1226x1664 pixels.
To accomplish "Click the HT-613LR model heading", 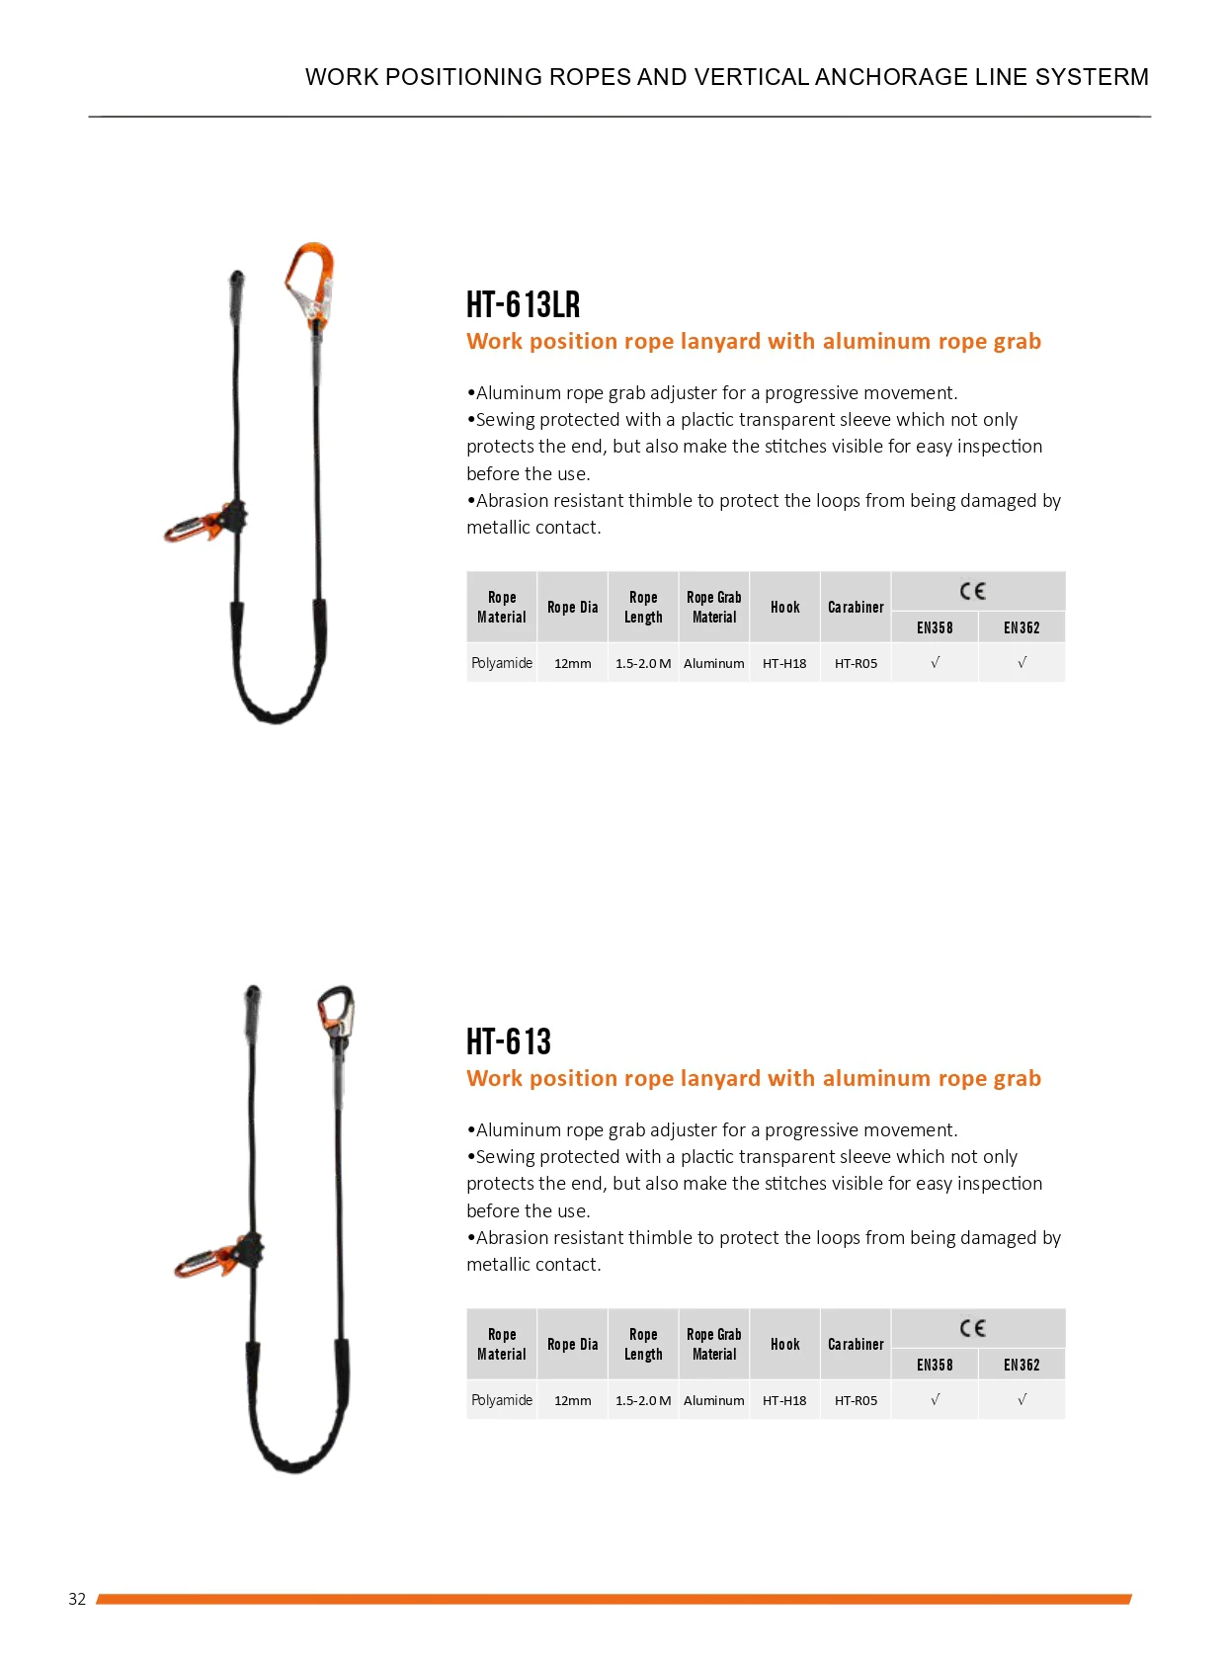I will pyautogui.click(x=523, y=304).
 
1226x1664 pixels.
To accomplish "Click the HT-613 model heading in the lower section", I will pyautogui.click(x=508, y=1041).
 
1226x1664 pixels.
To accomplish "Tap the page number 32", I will pyautogui.click(x=77, y=1599).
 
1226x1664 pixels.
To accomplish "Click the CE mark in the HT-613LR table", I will pyautogui.click(x=972, y=591).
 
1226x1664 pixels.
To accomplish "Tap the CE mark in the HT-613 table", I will pyautogui.click(x=972, y=1328).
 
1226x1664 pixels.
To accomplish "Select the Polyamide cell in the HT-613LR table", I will pyautogui.click(x=502, y=663).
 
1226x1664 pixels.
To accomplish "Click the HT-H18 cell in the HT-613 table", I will pyautogui.click(x=784, y=1400).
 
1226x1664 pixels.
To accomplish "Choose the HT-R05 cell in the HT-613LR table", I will pyautogui.click(x=856, y=663).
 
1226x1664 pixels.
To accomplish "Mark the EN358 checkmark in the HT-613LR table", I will pyautogui.click(x=935, y=663).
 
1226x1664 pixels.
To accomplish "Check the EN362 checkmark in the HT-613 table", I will pyautogui.click(x=1022, y=1400).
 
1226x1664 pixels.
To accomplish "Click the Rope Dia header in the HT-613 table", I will pyautogui.click(x=573, y=1344).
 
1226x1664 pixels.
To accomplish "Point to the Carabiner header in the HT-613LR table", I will pyautogui.click(x=856, y=607).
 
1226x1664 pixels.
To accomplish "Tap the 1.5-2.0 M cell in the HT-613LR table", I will pyautogui.click(x=643, y=663).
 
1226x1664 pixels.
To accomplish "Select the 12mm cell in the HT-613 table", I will pyautogui.click(x=573, y=1400).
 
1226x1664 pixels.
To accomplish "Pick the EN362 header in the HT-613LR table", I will pyautogui.click(x=1022, y=627).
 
